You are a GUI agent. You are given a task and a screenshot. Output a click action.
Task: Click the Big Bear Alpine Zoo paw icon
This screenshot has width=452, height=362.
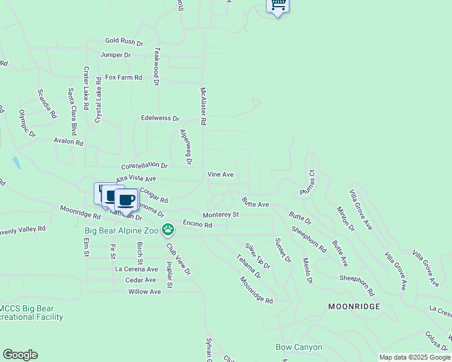(x=168, y=230)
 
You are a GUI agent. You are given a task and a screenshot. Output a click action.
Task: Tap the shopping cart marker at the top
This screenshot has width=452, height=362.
(x=277, y=5)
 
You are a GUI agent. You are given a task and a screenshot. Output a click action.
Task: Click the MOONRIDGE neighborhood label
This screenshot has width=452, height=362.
(x=354, y=306)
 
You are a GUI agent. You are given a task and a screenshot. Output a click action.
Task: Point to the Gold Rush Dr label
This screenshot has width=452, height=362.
(x=124, y=42)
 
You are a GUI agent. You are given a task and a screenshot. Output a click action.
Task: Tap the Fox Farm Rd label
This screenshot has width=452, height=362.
(x=123, y=77)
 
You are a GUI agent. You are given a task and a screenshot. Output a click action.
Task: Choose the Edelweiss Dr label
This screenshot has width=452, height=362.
(x=160, y=118)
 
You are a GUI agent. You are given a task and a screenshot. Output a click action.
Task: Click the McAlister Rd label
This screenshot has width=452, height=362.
(x=204, y=106)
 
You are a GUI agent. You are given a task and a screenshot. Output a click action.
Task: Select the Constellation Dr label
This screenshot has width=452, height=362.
(x=144, y=165)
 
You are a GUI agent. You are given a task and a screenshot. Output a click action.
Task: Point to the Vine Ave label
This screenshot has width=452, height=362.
(x=221, y=174)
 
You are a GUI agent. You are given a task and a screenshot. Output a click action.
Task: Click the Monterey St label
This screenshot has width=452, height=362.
(x=221, y=214)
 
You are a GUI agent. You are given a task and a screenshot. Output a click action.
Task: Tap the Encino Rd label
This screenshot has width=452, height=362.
(x=198, y=224)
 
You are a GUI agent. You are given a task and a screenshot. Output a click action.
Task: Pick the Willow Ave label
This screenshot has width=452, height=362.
(x=144, y=291)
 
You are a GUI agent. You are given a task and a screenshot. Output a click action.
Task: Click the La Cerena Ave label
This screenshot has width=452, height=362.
(x=137, y=269)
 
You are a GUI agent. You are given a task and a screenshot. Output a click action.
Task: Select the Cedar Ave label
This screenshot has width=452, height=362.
(x=141, y=280)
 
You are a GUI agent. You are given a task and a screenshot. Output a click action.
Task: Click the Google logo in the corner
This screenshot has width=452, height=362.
(x=20, y=355)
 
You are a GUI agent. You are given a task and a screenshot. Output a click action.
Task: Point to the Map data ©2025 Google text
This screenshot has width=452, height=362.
(x=415, y=357)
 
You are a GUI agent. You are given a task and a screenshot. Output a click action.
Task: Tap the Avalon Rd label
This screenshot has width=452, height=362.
(x=68, y=142)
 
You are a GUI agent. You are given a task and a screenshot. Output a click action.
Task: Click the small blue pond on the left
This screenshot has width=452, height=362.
(x=16, y=162)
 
